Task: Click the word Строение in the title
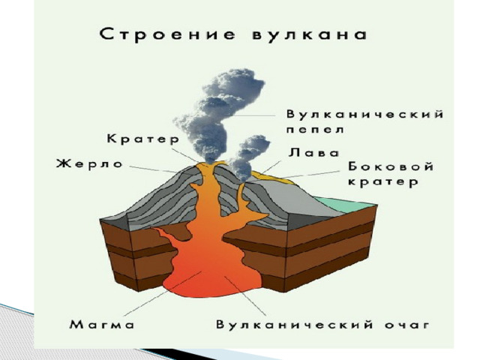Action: coord(168,34)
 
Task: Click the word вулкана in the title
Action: coord(309,34)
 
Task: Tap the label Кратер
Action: coord(142,139)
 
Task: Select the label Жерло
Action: coord(89,163)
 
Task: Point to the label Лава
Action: coord(313,152)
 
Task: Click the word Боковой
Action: coord(391,166)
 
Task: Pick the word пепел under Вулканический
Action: coord(315,130)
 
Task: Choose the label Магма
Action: coord(102,324)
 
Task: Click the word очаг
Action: coord(406,325)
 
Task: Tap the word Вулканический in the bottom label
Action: coord(295,325)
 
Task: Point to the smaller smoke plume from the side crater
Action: coord(247,158)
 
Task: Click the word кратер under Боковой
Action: coord(383,181)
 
